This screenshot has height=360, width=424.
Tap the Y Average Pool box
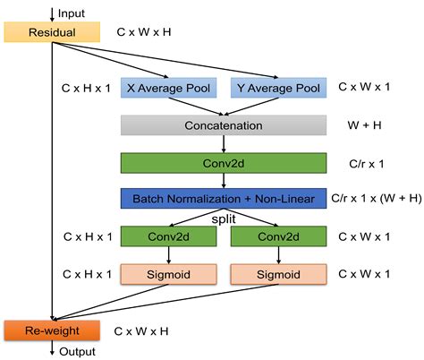click(x=278, y=89)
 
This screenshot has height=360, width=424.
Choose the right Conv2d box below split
click(x=278, y=237)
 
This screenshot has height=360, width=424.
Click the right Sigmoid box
click(x=278, y=273)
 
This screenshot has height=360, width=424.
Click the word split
click(x=223, y=219)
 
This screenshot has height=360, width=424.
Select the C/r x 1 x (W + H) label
click(x=375, y=199)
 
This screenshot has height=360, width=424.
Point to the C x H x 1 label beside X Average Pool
click(x=87, y=89)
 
